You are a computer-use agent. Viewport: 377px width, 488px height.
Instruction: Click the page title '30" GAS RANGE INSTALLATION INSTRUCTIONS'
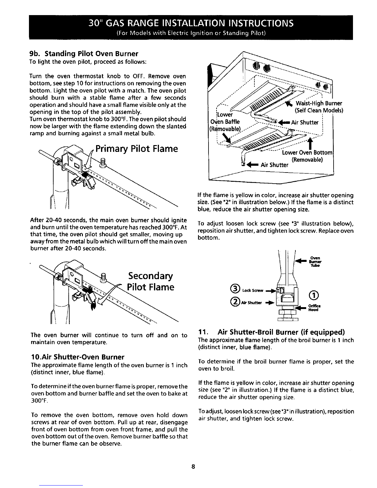(x=191, y=23)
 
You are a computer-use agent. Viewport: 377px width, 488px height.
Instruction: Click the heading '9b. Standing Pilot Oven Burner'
(x=84, y=54)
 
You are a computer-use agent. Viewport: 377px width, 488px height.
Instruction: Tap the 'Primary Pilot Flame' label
(x=137, y=149)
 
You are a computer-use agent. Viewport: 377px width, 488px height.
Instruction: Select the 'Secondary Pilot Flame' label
(x=150, y=281)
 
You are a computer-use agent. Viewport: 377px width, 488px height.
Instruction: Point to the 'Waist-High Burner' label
(x=319, y=103)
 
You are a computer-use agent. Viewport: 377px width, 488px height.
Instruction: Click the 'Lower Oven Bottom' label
(x=307, y=153)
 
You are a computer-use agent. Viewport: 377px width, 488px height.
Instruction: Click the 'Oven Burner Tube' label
(x=315, y=262)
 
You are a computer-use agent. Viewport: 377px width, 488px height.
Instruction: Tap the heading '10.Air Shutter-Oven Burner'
(x=78, y=357)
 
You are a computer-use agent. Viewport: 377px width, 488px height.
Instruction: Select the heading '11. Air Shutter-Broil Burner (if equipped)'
(x=271, y=332)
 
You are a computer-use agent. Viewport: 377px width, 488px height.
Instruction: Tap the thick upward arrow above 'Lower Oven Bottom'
(x=310, y=143)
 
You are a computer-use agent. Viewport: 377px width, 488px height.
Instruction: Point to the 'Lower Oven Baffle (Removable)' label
(x=225, y=122)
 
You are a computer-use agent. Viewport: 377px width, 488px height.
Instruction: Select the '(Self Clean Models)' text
(x=319, y=111)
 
